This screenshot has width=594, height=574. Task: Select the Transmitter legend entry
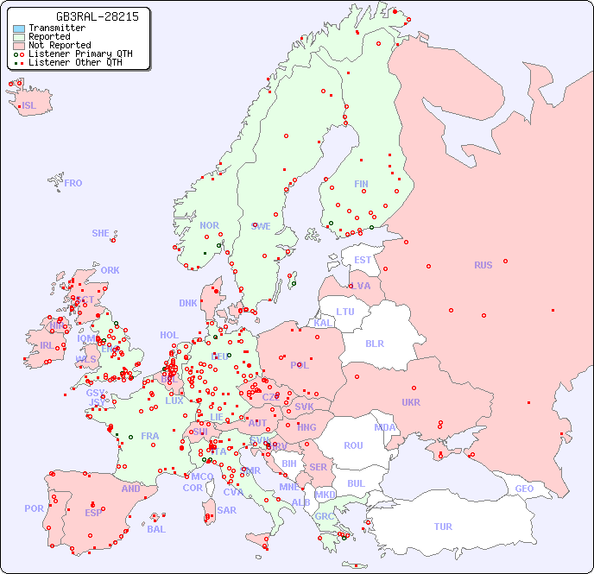[x=56, y=28]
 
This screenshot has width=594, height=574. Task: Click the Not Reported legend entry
[x=59, y=46]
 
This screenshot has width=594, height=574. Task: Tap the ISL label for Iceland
[x=29, y=106]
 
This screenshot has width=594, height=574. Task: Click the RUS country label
[x=483, y=265]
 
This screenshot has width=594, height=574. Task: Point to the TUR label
[x=443, y=527]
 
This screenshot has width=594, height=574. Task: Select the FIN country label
[x=361, y=184]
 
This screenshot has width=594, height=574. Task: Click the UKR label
[x=411, y=402]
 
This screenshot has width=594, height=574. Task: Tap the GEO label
[x=524, y=489]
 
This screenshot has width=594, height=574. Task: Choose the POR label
[x=34, y=508]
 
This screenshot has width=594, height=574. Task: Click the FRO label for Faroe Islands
[x=73, y=183]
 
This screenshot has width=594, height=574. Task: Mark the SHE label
[x=101, y=233]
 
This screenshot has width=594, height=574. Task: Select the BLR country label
[x=374, y=343]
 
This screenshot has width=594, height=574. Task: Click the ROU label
[x=353, y=445]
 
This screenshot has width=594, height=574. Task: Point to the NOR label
[x=209, y=225]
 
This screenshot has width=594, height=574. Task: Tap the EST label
[x=363, y=260]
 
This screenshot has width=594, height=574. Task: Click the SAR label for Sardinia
[x=227, y=510]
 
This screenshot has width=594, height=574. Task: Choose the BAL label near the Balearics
[x=156, y=529]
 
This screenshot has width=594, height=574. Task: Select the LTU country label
[x=345, y=312]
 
